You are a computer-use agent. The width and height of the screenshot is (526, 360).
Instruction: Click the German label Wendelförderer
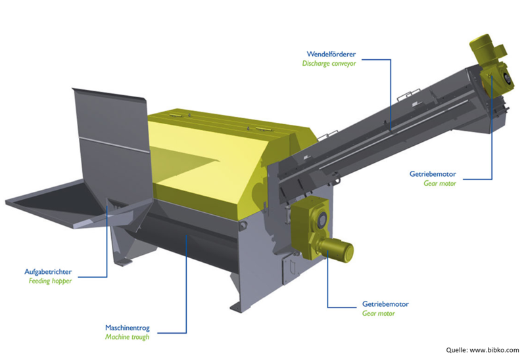tap(331, 54)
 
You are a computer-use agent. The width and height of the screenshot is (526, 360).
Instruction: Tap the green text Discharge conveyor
tap(329, 63)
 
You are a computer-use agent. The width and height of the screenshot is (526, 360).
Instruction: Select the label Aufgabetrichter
tap(48, 272)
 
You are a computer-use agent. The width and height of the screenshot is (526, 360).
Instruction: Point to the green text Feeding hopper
tap(50, 281)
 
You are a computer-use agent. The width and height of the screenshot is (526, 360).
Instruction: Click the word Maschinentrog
tap(128, 328)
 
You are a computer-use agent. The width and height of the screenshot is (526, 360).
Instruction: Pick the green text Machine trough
tap(127, 337)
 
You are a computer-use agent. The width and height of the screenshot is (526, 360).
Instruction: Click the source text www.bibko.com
tap(494, 350)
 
